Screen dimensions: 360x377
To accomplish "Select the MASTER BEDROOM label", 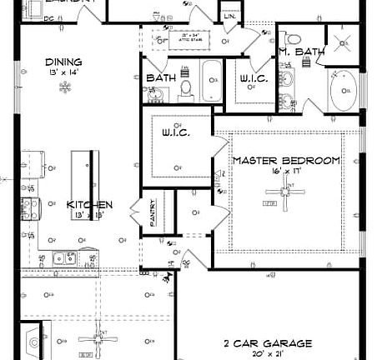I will click(286, 160).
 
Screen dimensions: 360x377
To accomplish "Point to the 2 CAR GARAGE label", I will click(268, 342).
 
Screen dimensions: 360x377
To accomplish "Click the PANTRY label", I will click(153, 213).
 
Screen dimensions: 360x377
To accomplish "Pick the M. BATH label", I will click(300, 52).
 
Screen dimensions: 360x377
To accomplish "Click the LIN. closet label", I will click(229, 16).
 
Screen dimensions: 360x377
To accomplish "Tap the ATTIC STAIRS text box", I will click(178, 37).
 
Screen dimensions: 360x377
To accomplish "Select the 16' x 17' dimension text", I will click(286, 171).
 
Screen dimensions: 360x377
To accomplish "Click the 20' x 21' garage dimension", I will click(267, 354).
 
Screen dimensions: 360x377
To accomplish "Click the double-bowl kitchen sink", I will click(63, 257).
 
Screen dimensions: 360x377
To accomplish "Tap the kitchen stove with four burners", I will click(30, 209).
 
